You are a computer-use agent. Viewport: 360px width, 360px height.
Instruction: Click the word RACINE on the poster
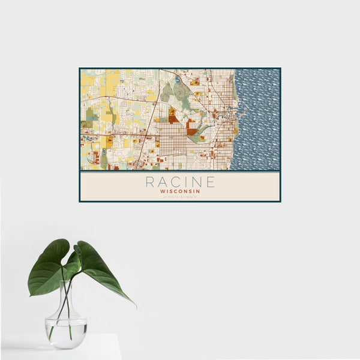[x=180, y=181]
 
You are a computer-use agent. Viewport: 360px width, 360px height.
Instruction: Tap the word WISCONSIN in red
[x=180, y=190]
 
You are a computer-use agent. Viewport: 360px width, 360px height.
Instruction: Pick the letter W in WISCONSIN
[x=163, y=190]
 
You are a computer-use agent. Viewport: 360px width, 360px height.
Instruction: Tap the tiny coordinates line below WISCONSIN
[x=180, y=197]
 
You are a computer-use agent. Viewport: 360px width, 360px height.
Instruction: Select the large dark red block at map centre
[x=191, y=127]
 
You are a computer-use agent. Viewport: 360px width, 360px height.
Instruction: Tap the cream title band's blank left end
[x=102, y=186]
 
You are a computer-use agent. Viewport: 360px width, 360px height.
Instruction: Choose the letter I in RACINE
[x=187, y=181]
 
